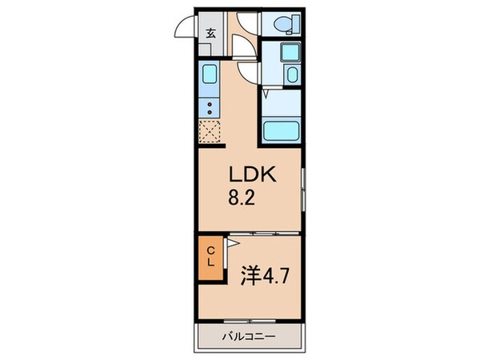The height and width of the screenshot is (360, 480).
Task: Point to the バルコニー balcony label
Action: [x=249, y=337]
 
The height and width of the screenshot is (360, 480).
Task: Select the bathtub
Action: [x=280, y=130]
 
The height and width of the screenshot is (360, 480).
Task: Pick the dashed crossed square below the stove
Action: [x=210, y=130]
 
